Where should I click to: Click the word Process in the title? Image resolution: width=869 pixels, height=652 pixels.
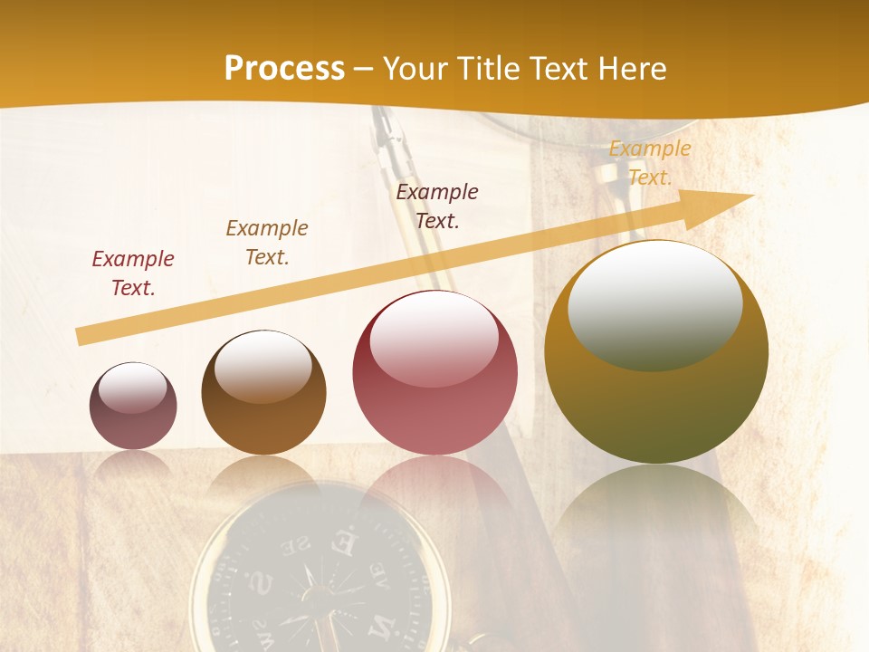coord(284,69)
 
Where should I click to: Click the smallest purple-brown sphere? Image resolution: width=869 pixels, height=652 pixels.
coord(133,406)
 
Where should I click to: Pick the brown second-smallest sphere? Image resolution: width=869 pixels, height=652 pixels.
coord(263,393)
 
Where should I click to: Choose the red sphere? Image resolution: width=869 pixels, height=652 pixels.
coord(434,373)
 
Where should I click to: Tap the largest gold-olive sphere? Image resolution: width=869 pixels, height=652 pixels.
coord(656,352)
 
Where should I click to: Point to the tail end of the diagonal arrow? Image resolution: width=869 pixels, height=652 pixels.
coord(81,336)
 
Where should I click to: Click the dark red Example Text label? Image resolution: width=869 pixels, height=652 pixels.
coord(133,273)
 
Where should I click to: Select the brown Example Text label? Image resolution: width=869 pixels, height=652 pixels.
coord(267,242)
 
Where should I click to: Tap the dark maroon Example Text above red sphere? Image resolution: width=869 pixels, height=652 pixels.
coord(437,206)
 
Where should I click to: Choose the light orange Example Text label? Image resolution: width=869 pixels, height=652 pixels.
coord(650,162)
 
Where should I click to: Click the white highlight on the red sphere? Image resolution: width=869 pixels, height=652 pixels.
coord(434,337)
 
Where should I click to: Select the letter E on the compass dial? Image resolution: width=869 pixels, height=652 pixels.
coord(343,544)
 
